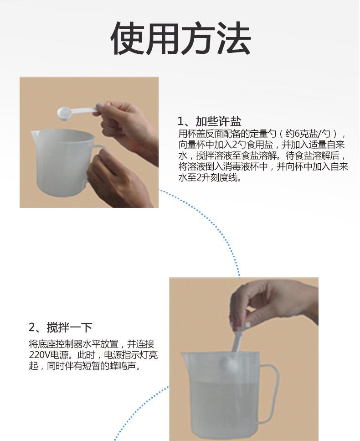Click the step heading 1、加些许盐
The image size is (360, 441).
tap(210, 121)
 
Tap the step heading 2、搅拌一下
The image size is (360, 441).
tap(61, 327)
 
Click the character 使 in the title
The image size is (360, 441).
tap(128, 38)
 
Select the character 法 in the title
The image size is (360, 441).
tap(234, 38)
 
